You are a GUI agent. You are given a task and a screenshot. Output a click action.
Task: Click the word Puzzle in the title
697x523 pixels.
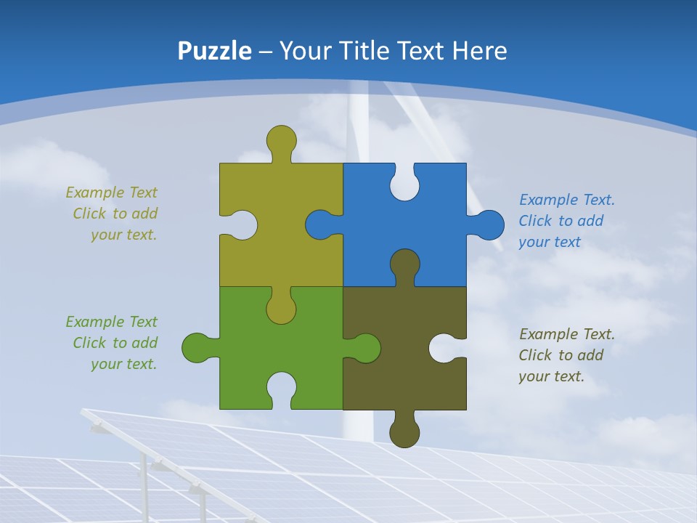point(214,51)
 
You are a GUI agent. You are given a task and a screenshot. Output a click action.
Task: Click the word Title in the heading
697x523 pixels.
point(364,51)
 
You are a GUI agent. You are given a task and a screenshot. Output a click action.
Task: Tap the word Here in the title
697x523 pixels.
point(479,51)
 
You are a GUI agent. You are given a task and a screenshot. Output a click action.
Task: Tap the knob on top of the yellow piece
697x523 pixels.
point(281,140)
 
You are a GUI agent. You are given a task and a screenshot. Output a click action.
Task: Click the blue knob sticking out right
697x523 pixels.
point(489,224)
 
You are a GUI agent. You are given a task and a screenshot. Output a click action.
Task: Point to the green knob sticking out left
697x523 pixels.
point(197,348)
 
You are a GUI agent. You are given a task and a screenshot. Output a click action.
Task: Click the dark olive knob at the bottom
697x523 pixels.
point(404,433)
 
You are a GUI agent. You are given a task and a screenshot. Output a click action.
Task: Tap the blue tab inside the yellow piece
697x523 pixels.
point(320,224)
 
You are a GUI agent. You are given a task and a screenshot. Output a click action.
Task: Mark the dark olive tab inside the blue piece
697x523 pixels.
point(404,264)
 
